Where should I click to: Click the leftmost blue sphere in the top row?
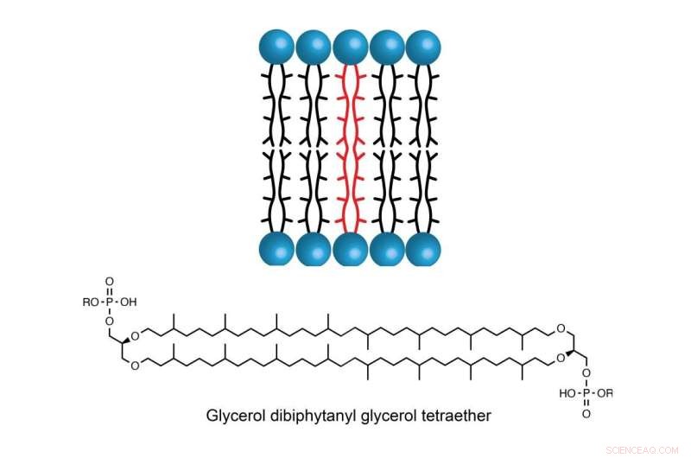[277, 47]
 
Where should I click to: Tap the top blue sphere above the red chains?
[350, 47]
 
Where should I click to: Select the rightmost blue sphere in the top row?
[422, 47]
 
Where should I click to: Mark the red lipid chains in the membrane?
[350, 147]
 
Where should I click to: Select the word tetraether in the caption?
[459, 416]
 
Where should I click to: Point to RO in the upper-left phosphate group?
[89, 302]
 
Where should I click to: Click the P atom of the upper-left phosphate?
[110, 302]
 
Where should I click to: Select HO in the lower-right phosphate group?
[567, 393]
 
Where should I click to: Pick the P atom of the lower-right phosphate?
[587, 393]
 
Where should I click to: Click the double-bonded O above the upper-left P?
[110, 282]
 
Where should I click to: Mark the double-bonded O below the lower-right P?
[587, 414]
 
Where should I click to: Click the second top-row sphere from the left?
[314, 47]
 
